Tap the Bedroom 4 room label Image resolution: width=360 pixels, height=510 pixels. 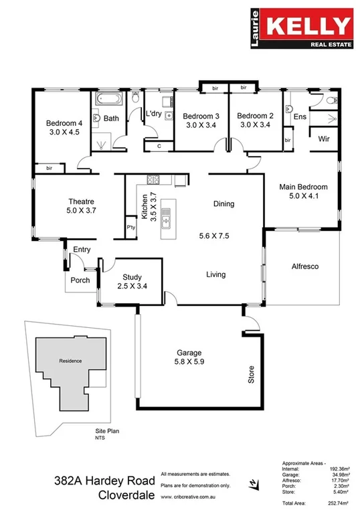pos(64,123)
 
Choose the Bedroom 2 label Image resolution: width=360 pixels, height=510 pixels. pos(256,115)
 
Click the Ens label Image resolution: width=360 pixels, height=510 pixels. pos(300,116)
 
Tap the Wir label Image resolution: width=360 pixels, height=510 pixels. pos(325,139)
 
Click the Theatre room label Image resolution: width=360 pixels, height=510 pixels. pos(80,201)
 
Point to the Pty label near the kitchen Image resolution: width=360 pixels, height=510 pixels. pos(131,228)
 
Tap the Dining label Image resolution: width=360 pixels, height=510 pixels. pos(223,204)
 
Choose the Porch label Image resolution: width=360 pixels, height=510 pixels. pos(80,280)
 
